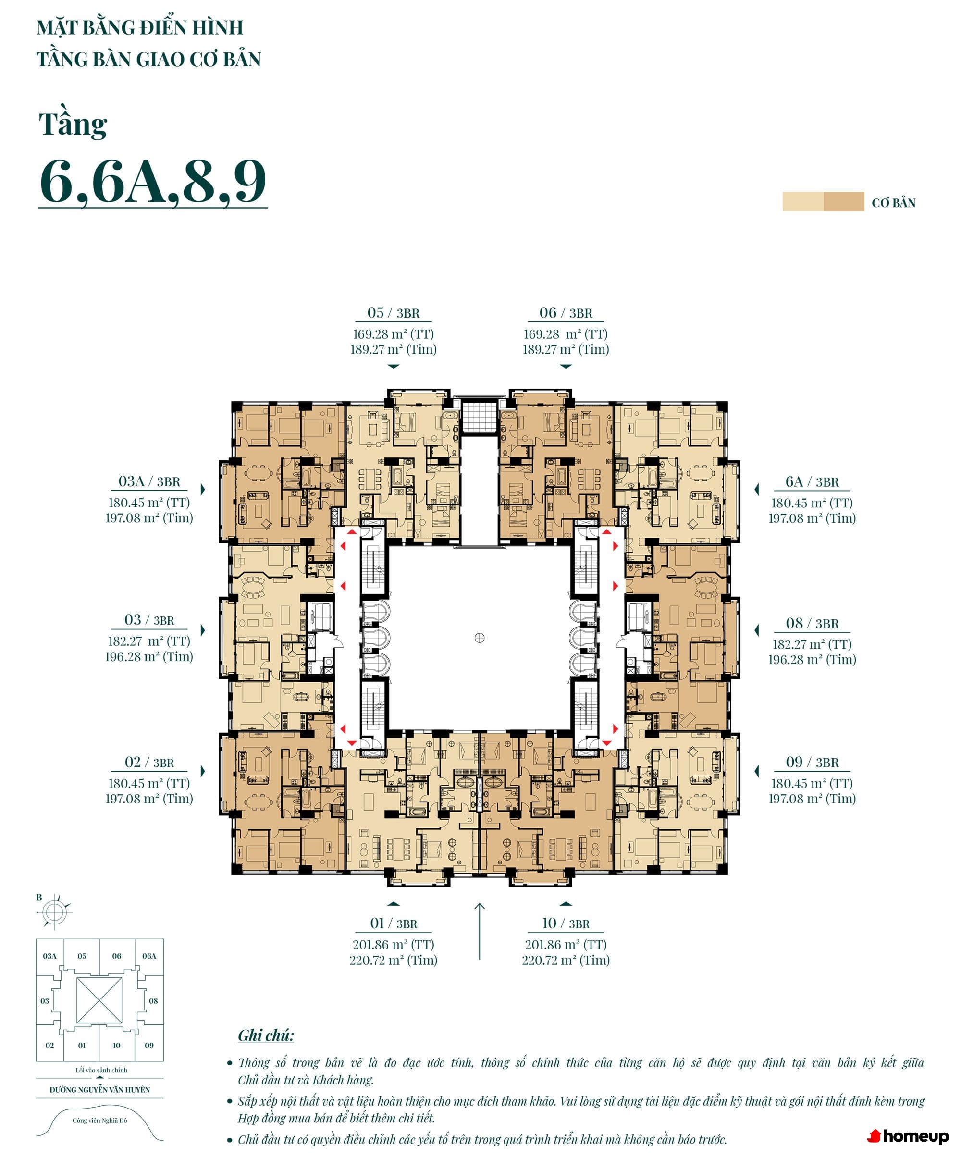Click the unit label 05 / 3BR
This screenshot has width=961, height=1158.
point(393,313)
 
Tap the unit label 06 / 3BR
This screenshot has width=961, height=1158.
point(566,313)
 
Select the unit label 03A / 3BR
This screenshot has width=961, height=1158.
point(149,482)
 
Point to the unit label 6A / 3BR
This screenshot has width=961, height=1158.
point(812,482)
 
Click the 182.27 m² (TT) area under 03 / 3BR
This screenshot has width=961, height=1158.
point(149,641)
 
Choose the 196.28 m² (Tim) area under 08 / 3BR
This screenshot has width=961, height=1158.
point(812,660)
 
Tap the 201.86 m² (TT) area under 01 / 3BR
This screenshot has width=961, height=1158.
point(393,945)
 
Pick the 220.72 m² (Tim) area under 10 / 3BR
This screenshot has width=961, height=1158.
point(566,960)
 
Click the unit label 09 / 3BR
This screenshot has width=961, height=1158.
point(812,763)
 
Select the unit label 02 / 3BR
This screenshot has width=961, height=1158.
point(149,763)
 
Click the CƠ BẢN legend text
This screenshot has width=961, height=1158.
point(893,203)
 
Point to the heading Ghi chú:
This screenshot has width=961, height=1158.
point(266,1035)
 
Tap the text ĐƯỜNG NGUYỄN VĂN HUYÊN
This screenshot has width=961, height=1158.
point(100,1090)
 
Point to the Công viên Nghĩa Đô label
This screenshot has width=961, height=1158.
point(100,1121)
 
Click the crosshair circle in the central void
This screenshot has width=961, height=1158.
point(479,638)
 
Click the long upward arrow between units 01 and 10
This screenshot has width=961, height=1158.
point(480,931)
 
